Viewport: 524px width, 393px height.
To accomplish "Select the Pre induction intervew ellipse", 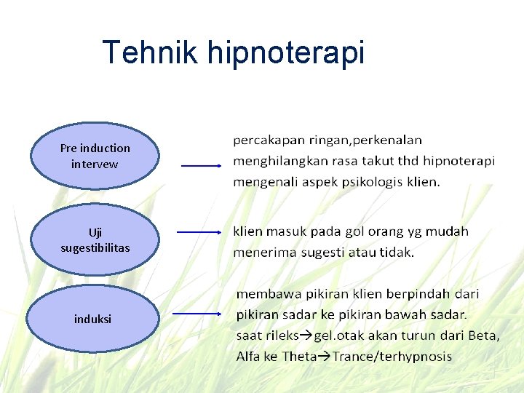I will pyautogui.click(x=95, y=156).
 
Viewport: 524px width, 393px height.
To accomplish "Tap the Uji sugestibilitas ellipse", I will pyautogui.click(x=95, y=239).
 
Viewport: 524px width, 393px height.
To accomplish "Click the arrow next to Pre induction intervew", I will pyautogui.click(x=201, y=166).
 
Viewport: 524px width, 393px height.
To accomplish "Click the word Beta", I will pyautogui.click(x=483, y=336).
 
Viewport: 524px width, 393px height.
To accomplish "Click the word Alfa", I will pyautogui.click(x=248, y=357).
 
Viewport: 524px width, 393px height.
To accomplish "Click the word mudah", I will pyautogui.click(x=447, y=231).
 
